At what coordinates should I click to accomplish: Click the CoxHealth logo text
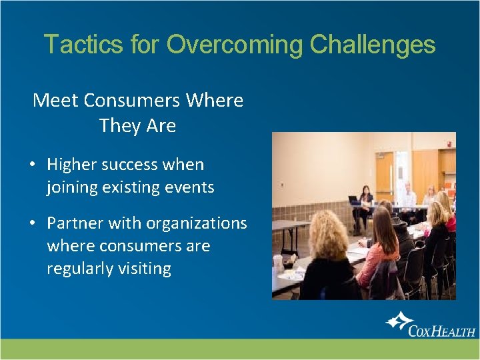[x=441, y=329]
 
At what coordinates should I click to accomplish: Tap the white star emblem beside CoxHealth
[x=399, y=323]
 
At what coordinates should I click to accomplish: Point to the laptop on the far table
[x=354, y=200]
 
